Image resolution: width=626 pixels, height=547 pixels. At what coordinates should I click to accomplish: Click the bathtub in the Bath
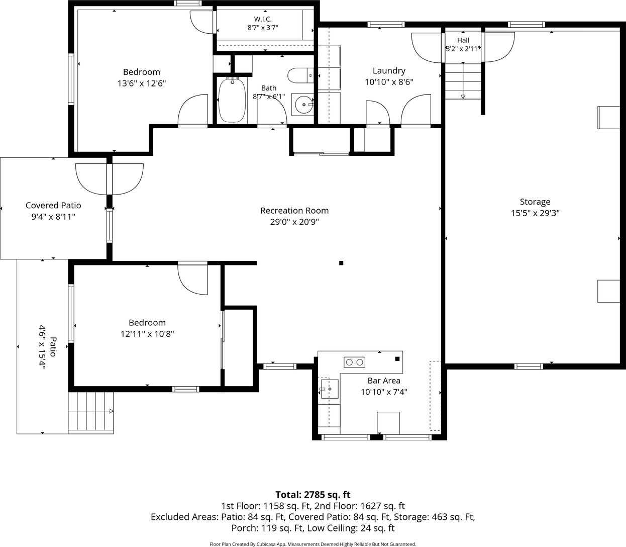[233, 100]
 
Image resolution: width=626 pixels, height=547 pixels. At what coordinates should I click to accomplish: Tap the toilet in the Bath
[301, 75]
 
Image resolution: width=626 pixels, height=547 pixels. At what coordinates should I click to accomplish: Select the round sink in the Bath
[302, 105]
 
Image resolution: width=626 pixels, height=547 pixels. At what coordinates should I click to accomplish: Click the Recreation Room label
[294, 211]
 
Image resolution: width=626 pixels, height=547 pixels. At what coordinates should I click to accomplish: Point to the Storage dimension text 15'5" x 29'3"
[535, 213]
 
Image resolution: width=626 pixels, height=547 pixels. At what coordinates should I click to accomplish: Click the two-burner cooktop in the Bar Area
[354, 362]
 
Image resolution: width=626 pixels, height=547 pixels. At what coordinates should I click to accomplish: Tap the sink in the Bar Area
[329, 389]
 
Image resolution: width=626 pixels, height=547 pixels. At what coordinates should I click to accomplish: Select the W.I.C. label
[263, 19]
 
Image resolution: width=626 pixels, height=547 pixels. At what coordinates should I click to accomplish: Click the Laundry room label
[389, 71]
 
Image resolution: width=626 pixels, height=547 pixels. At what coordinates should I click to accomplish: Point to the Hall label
[463, 40]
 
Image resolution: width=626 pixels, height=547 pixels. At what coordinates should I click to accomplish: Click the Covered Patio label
[53, 206]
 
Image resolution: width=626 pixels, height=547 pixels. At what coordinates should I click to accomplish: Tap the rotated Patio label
[53, 347]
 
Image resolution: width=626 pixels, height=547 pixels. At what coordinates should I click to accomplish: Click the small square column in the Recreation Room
[341, 263]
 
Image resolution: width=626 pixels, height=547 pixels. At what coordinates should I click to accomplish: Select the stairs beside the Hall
[463, 81]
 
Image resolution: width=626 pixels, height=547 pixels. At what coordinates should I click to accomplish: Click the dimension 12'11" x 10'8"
[147, 334]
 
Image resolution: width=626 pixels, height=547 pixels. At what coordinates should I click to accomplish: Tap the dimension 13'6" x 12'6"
[142, 83]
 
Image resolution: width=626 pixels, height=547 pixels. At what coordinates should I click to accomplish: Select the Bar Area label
[384, 381]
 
